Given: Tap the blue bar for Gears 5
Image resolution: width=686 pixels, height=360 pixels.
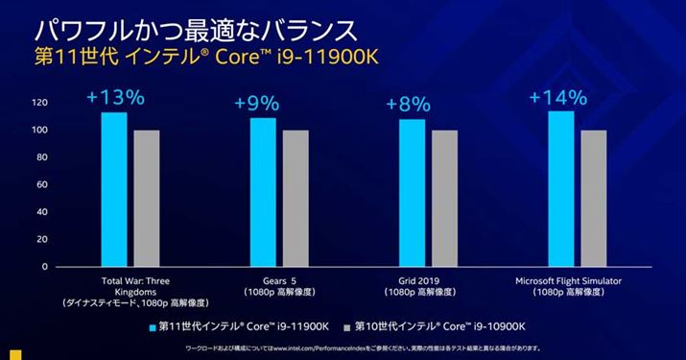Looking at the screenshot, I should (x=263, y=192).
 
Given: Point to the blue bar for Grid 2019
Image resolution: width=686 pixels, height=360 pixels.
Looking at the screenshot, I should (x=412, y=193).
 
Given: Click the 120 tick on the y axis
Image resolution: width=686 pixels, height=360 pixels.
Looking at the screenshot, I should (x=39, y=102).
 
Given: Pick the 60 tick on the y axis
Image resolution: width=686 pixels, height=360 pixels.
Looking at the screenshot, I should (x=42, y=184).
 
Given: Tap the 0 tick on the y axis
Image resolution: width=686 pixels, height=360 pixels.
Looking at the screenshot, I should (x=45, y=267).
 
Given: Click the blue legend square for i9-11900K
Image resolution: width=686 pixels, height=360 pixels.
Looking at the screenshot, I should (x=152, y=327).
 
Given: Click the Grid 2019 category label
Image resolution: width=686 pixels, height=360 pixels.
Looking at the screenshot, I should (x=412, y=280).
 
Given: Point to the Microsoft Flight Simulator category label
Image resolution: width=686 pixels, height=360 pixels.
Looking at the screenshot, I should (x=562, y=280).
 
